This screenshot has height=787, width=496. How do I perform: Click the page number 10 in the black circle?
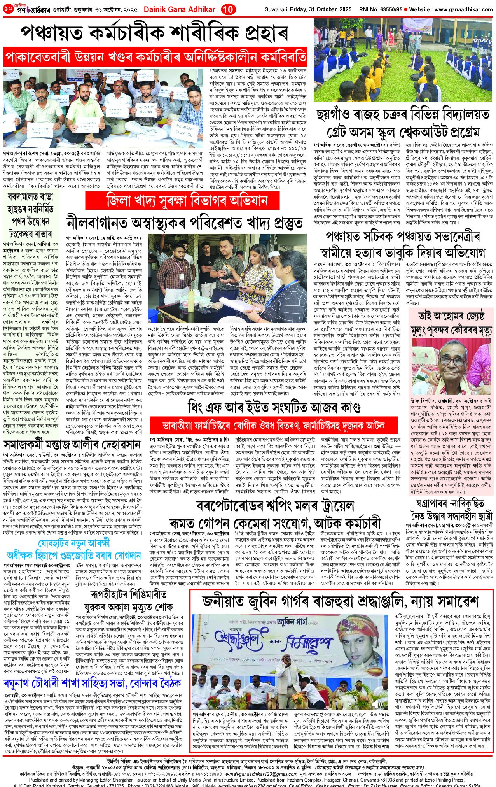[x=226, y=9]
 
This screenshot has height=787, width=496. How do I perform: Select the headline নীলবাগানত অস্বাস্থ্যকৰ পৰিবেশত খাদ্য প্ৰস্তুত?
[x=184, y=222]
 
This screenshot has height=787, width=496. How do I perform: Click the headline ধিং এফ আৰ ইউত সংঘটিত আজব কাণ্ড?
[x=274, y=407]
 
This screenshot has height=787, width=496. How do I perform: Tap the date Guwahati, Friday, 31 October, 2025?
[x=308, y=9]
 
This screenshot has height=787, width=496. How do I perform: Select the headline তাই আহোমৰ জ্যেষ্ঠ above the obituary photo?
[x=451, y=315]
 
